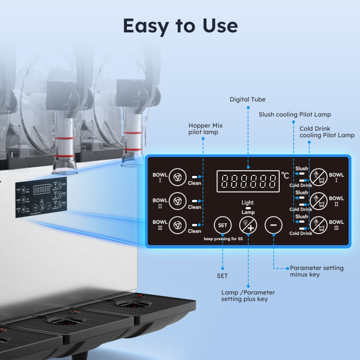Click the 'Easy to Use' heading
pyautogui.click(x=180, y=25)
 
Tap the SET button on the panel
pyautogui.click(x=222, y=224)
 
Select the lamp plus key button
pyautogui.click(x=248, y=224)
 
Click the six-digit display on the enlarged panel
pyautogui.click(x=247, y=182)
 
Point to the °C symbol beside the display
pyautogui.click(x=286, y=175)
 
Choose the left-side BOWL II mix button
pyautogui.click(x=178, y=201)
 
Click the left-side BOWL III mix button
pyautogui.click(x=178, y=224)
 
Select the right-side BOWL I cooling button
pyautogui.click(x=318, y=177)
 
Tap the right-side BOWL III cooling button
pyautogui.click(x=318, y=224)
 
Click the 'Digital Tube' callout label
pyautogui.click(x=247, y=100)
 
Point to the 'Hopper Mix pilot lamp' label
pyautogui.click(x=205, y=128)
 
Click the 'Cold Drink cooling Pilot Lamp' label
pyautogui.click(x=327, y=132)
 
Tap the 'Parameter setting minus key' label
pyautogui.click(x=316, y=271)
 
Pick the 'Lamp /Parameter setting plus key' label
pyautogui.click(x=248, y=296)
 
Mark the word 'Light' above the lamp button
pyautogui.click(x=247, y=203)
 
